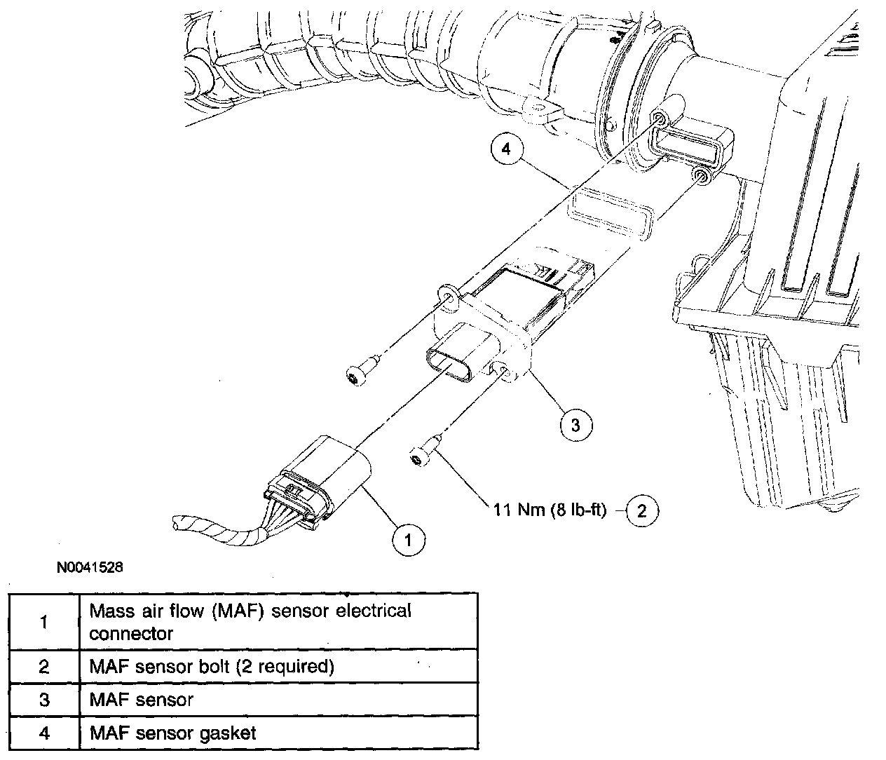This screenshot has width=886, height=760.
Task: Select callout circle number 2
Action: coord(641,510)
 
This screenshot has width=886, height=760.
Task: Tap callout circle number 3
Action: coord(575,425)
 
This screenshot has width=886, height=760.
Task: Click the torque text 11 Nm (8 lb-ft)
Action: coord(548,510)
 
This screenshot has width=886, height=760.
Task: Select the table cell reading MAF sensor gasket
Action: coord(172,733)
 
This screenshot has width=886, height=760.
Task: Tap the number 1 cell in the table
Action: coord(43,622)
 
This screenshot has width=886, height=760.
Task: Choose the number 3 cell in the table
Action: coord(43,700)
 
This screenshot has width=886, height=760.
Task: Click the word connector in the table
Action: coord(131,634)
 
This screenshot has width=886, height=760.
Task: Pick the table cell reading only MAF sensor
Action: coord(141,700)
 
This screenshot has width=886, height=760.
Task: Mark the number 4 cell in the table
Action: coord(43,733)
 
